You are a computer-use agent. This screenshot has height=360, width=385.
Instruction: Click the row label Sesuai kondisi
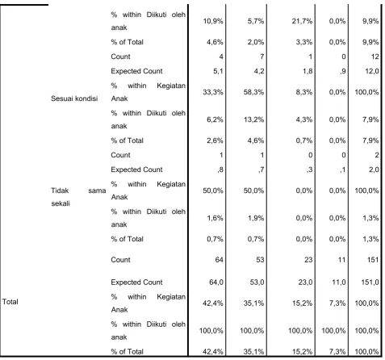point(74,98)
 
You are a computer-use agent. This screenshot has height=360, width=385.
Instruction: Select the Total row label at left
point(10,302)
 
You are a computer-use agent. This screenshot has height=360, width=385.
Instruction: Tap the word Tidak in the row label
point(60,190)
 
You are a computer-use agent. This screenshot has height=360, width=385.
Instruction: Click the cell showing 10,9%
point(213,21)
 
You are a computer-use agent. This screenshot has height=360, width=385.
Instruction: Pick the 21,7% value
point(302,21)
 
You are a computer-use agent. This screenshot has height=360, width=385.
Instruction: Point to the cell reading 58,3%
point(253,92)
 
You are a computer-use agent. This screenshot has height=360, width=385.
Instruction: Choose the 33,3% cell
point(213,92)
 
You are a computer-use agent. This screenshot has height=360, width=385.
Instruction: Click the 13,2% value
point(253,119)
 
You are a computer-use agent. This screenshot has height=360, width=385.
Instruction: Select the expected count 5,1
point(218,71)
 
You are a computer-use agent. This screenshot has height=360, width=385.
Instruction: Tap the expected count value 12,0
point(372,71)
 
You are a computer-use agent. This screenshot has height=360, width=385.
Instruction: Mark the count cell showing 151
point(373,260)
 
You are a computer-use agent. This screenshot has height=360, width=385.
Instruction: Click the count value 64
point(219,260)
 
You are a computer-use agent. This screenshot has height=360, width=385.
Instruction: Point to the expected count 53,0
point(257,283)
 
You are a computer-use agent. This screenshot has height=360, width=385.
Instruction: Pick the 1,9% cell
point(256,218)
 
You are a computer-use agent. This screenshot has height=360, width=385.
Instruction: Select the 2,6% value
point(215,140)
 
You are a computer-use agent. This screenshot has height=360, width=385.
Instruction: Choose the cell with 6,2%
point(215,119)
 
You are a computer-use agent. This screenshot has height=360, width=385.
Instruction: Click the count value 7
point(262,57)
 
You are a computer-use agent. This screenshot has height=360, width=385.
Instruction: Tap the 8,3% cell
point(304,92)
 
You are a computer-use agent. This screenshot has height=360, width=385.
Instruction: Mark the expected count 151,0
point(370,283)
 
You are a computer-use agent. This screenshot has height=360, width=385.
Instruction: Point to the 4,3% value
point(304,119)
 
